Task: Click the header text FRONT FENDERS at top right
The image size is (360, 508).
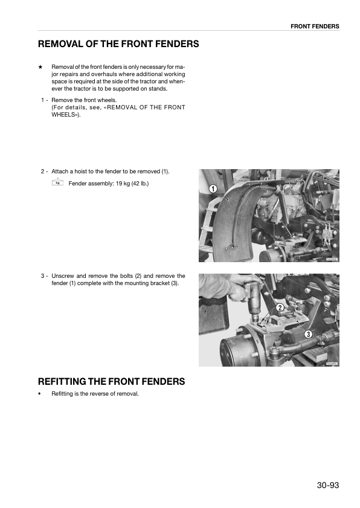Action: pos(315,27)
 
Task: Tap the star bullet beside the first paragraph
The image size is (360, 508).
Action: pos(40,66)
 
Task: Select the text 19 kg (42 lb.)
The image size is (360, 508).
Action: pos(129,183)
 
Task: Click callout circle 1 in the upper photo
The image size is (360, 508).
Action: pos(213,189)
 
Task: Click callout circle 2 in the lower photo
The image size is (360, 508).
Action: pos(280,308)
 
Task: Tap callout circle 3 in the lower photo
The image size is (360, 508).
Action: pos(308,334)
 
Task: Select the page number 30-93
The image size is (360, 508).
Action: pos(327,485)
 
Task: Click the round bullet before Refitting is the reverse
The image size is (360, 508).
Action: pos(40,394)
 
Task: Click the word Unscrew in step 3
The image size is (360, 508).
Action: pos(62,276)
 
